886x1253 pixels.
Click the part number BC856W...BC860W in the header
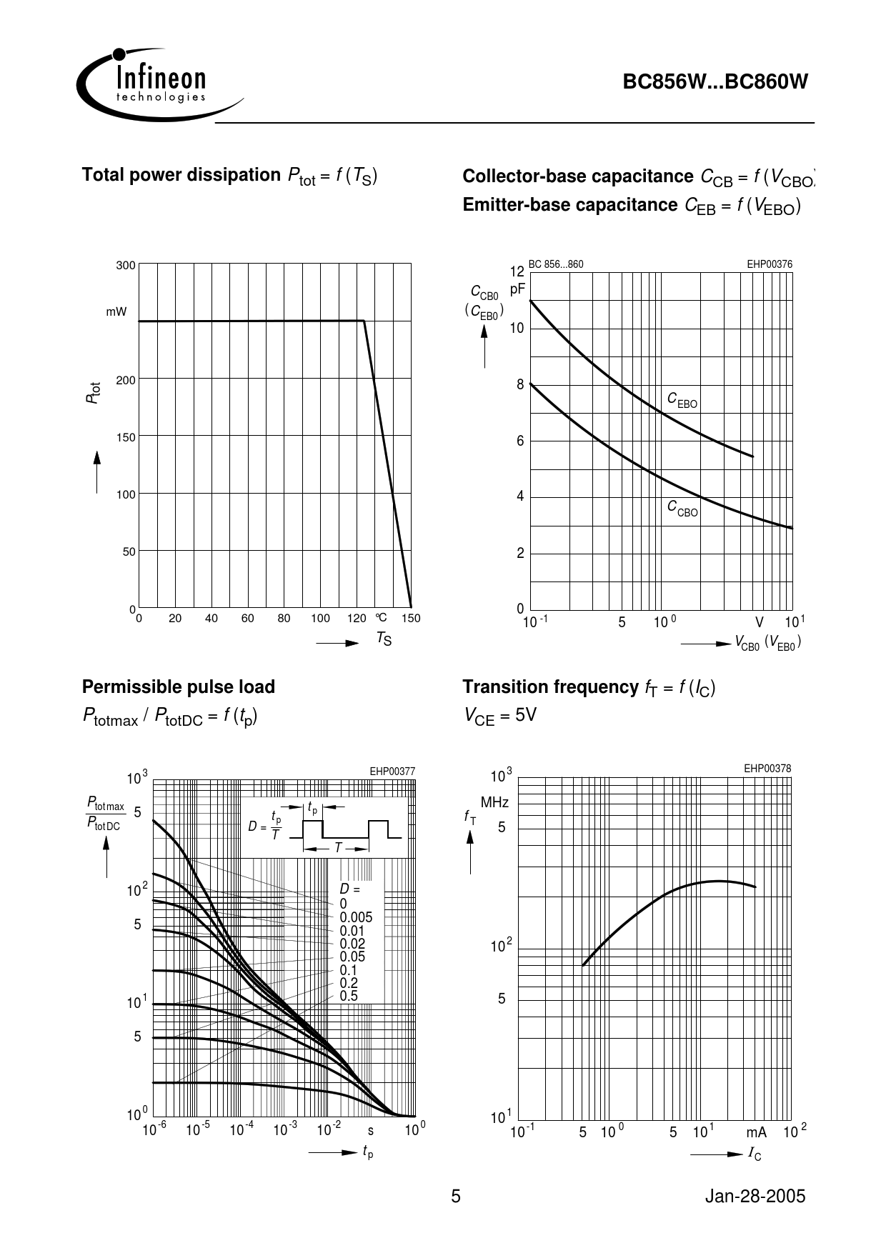click(715, 82)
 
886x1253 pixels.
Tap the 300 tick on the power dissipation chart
click(126, 266)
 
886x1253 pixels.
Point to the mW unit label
click(116, 311)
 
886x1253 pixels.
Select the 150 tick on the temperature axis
click(411, 619)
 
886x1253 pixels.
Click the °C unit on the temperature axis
click(381, 617)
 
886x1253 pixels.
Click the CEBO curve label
click(682, 401)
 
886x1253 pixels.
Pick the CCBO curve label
click(682, 509)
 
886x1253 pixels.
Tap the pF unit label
click(517, 289)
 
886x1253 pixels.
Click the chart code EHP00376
click(770, 264)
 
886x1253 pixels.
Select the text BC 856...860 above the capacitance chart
click(556, 264)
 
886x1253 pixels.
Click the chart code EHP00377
click(392, 772)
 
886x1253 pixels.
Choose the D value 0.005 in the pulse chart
click(356, 917)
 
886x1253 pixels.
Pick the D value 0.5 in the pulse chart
click(349, 996)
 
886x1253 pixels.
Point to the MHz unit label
click(494, 803)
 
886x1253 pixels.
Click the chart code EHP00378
click(767, 769)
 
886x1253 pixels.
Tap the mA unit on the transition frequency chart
click(756, 1133)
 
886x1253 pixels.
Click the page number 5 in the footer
click(456, 1197)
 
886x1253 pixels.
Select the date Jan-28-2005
click(755, 1197)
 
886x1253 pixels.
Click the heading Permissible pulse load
click(179, 687)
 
